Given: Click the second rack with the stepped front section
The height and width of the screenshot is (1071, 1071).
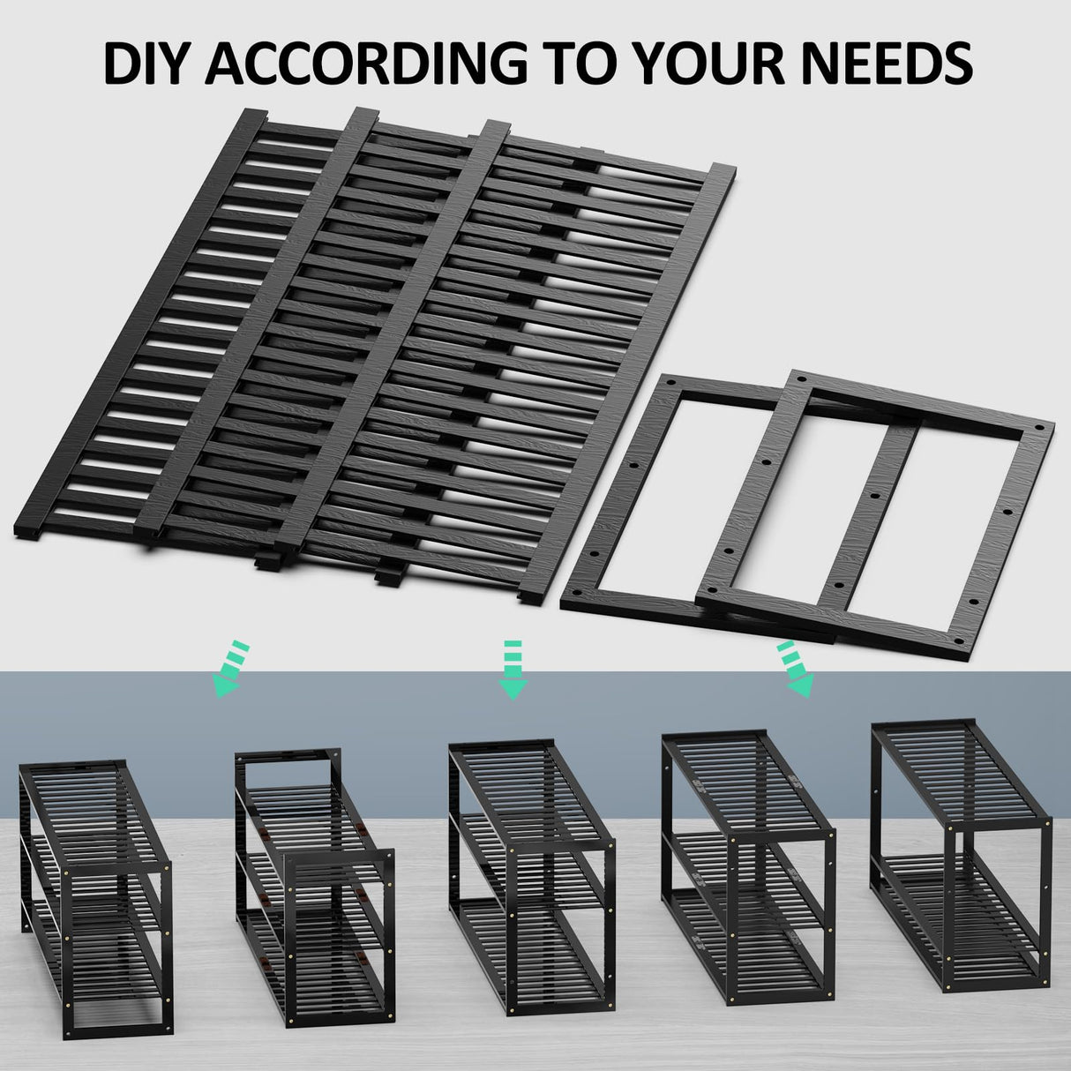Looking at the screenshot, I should tap(313, 882).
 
